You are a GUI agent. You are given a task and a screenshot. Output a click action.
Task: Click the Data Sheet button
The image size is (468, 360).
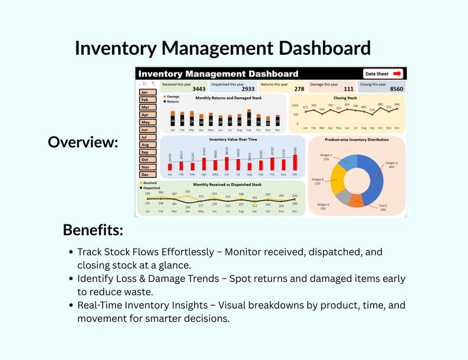(383, 74)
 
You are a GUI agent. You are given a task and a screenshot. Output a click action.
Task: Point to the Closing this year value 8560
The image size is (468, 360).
(397, 89)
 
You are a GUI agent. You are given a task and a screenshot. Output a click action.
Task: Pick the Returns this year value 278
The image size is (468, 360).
(299, 89)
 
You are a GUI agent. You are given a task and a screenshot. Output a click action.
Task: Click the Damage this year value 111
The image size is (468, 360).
(348, 89)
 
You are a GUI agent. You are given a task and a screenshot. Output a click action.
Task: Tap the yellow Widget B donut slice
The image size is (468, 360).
(338, 180)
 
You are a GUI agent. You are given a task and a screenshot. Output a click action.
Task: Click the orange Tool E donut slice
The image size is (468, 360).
(357, 200)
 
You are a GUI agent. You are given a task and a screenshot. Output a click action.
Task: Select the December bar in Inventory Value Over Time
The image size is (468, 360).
(295, 163)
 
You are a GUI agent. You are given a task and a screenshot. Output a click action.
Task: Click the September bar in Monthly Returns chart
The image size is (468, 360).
(249, 118)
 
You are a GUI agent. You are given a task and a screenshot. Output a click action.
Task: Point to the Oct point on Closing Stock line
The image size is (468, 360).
(380, 108)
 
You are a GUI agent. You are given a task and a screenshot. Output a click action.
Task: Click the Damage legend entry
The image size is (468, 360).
(172, 96)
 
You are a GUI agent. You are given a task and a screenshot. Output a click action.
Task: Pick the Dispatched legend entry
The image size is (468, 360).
(151, 188)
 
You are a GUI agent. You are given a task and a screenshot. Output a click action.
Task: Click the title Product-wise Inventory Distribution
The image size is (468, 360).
(357, 140)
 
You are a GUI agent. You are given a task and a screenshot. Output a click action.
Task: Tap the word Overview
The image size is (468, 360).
(83, 142)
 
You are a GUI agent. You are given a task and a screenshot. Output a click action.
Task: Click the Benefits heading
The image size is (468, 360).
(93, 229)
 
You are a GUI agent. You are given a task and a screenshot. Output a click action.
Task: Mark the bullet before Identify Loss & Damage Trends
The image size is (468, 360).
(71, 278)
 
